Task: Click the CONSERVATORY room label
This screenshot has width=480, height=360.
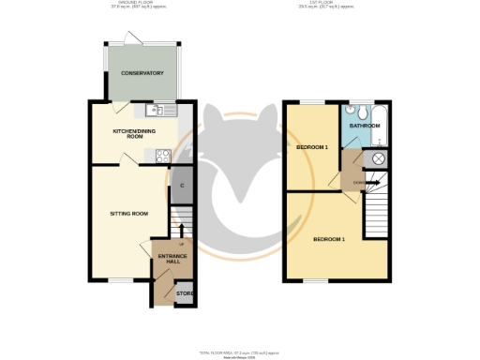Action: pos(142,73)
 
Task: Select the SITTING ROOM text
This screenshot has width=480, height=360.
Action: pos(129,214)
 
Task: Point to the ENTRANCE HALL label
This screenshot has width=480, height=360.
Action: pos(172,259)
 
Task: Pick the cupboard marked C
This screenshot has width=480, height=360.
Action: pos(182,186)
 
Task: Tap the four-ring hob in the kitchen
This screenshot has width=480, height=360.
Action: pos(162,157)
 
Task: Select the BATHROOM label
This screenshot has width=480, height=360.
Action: pos(365,125)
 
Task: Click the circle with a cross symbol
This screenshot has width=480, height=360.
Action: pos(379,159)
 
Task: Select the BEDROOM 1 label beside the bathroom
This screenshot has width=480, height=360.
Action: pos(312,147)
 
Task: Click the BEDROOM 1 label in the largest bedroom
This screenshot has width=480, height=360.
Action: pos(329,239)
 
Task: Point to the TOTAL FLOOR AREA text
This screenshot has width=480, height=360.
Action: pos(238,350)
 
